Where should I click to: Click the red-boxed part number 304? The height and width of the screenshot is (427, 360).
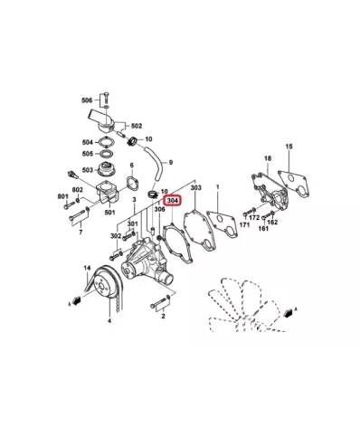(x=172, y=201)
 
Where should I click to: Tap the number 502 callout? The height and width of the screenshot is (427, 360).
(x=137, y=126)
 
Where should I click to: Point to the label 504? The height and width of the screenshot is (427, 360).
(x=87, y=142)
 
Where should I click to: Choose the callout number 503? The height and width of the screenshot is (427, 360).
(x=87, y=169)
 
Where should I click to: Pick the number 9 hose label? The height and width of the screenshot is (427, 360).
(x=171, y=162)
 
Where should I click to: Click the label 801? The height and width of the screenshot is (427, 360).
(x=62, y=196)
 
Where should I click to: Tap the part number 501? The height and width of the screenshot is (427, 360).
(x=110, y=213)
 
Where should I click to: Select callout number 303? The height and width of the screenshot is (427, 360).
(x=195, y=186)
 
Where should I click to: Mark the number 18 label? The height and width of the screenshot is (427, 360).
(x=267, y=159)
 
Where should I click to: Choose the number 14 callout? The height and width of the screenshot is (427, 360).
(x=87, y=269)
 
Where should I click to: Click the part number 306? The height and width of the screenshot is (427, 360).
(x=159, y=209)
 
